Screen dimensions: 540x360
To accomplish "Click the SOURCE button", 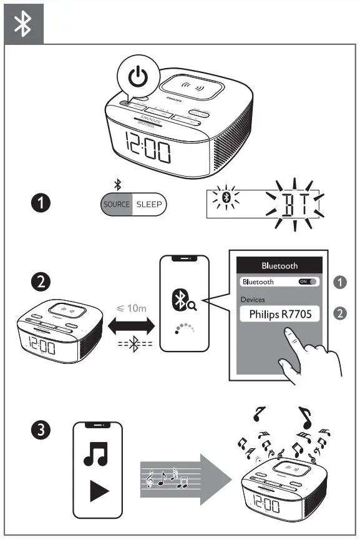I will [x=117, y=204].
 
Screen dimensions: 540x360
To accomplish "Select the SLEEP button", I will [x=149, y=204].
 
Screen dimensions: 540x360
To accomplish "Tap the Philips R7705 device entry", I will [x=280, y=315].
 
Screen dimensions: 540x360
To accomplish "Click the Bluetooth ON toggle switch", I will [x=308, y=282].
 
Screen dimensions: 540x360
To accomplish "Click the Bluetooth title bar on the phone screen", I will [x=280, y=265].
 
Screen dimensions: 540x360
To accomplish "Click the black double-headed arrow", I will [x=131, y=326].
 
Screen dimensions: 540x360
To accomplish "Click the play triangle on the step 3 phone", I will [x=98, y=491].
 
